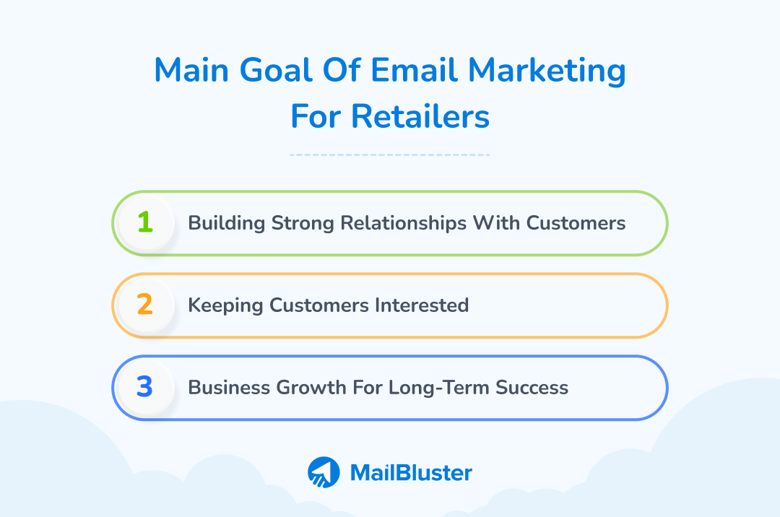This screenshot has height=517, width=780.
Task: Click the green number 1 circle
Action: tap(145, 223)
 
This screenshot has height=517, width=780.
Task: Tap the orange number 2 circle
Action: tap(145, 305)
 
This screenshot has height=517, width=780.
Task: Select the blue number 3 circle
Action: tap(145, 388)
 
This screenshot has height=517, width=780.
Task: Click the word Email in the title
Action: tap(414, 71)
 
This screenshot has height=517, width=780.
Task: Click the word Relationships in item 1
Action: tap(389, 223)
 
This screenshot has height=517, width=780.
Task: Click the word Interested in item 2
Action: tap(421, 305)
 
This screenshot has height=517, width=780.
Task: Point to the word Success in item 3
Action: tap(532, 388)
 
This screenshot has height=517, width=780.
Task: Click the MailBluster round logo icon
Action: tap(324, 473)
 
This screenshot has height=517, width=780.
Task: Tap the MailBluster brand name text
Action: tap(411, 473)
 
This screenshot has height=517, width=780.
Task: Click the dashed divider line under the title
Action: tap(390, 155)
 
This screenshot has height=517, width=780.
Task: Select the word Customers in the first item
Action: tap(576, 223)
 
